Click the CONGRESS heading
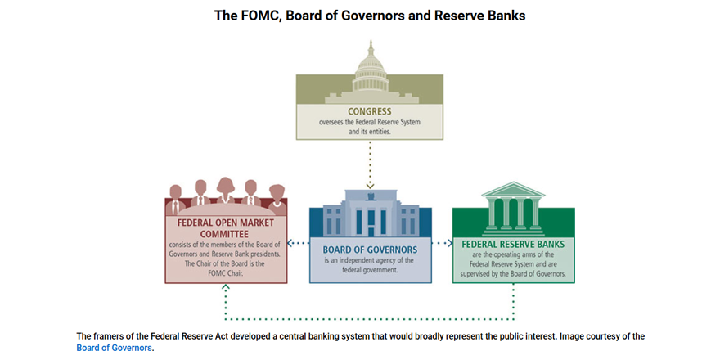(370, 110)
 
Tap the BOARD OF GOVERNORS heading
(371, 249)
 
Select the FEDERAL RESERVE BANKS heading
(513, 243)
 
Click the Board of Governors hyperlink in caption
(114, 348)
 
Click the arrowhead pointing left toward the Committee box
(292, 243)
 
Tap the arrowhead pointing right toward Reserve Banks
(449, 243)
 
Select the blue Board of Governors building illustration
(370, 214)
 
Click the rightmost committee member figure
(277, 196)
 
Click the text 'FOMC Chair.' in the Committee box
(226, 273)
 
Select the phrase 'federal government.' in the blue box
(370, 268)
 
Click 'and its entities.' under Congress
(370, 131)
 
